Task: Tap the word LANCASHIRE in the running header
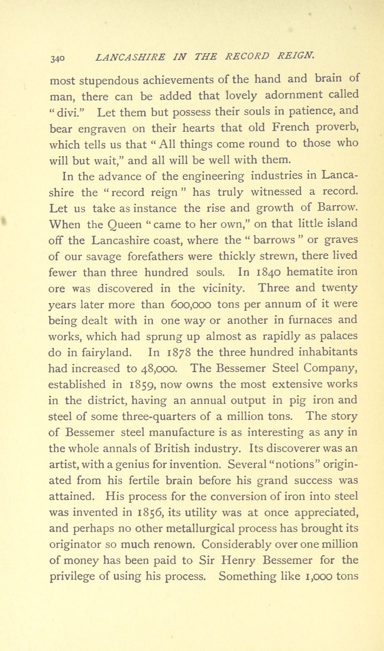[x=130, y=57]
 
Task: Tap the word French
[x=291, y=127]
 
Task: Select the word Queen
[x=124, y=225]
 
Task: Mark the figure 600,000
[x=191, y=304]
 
